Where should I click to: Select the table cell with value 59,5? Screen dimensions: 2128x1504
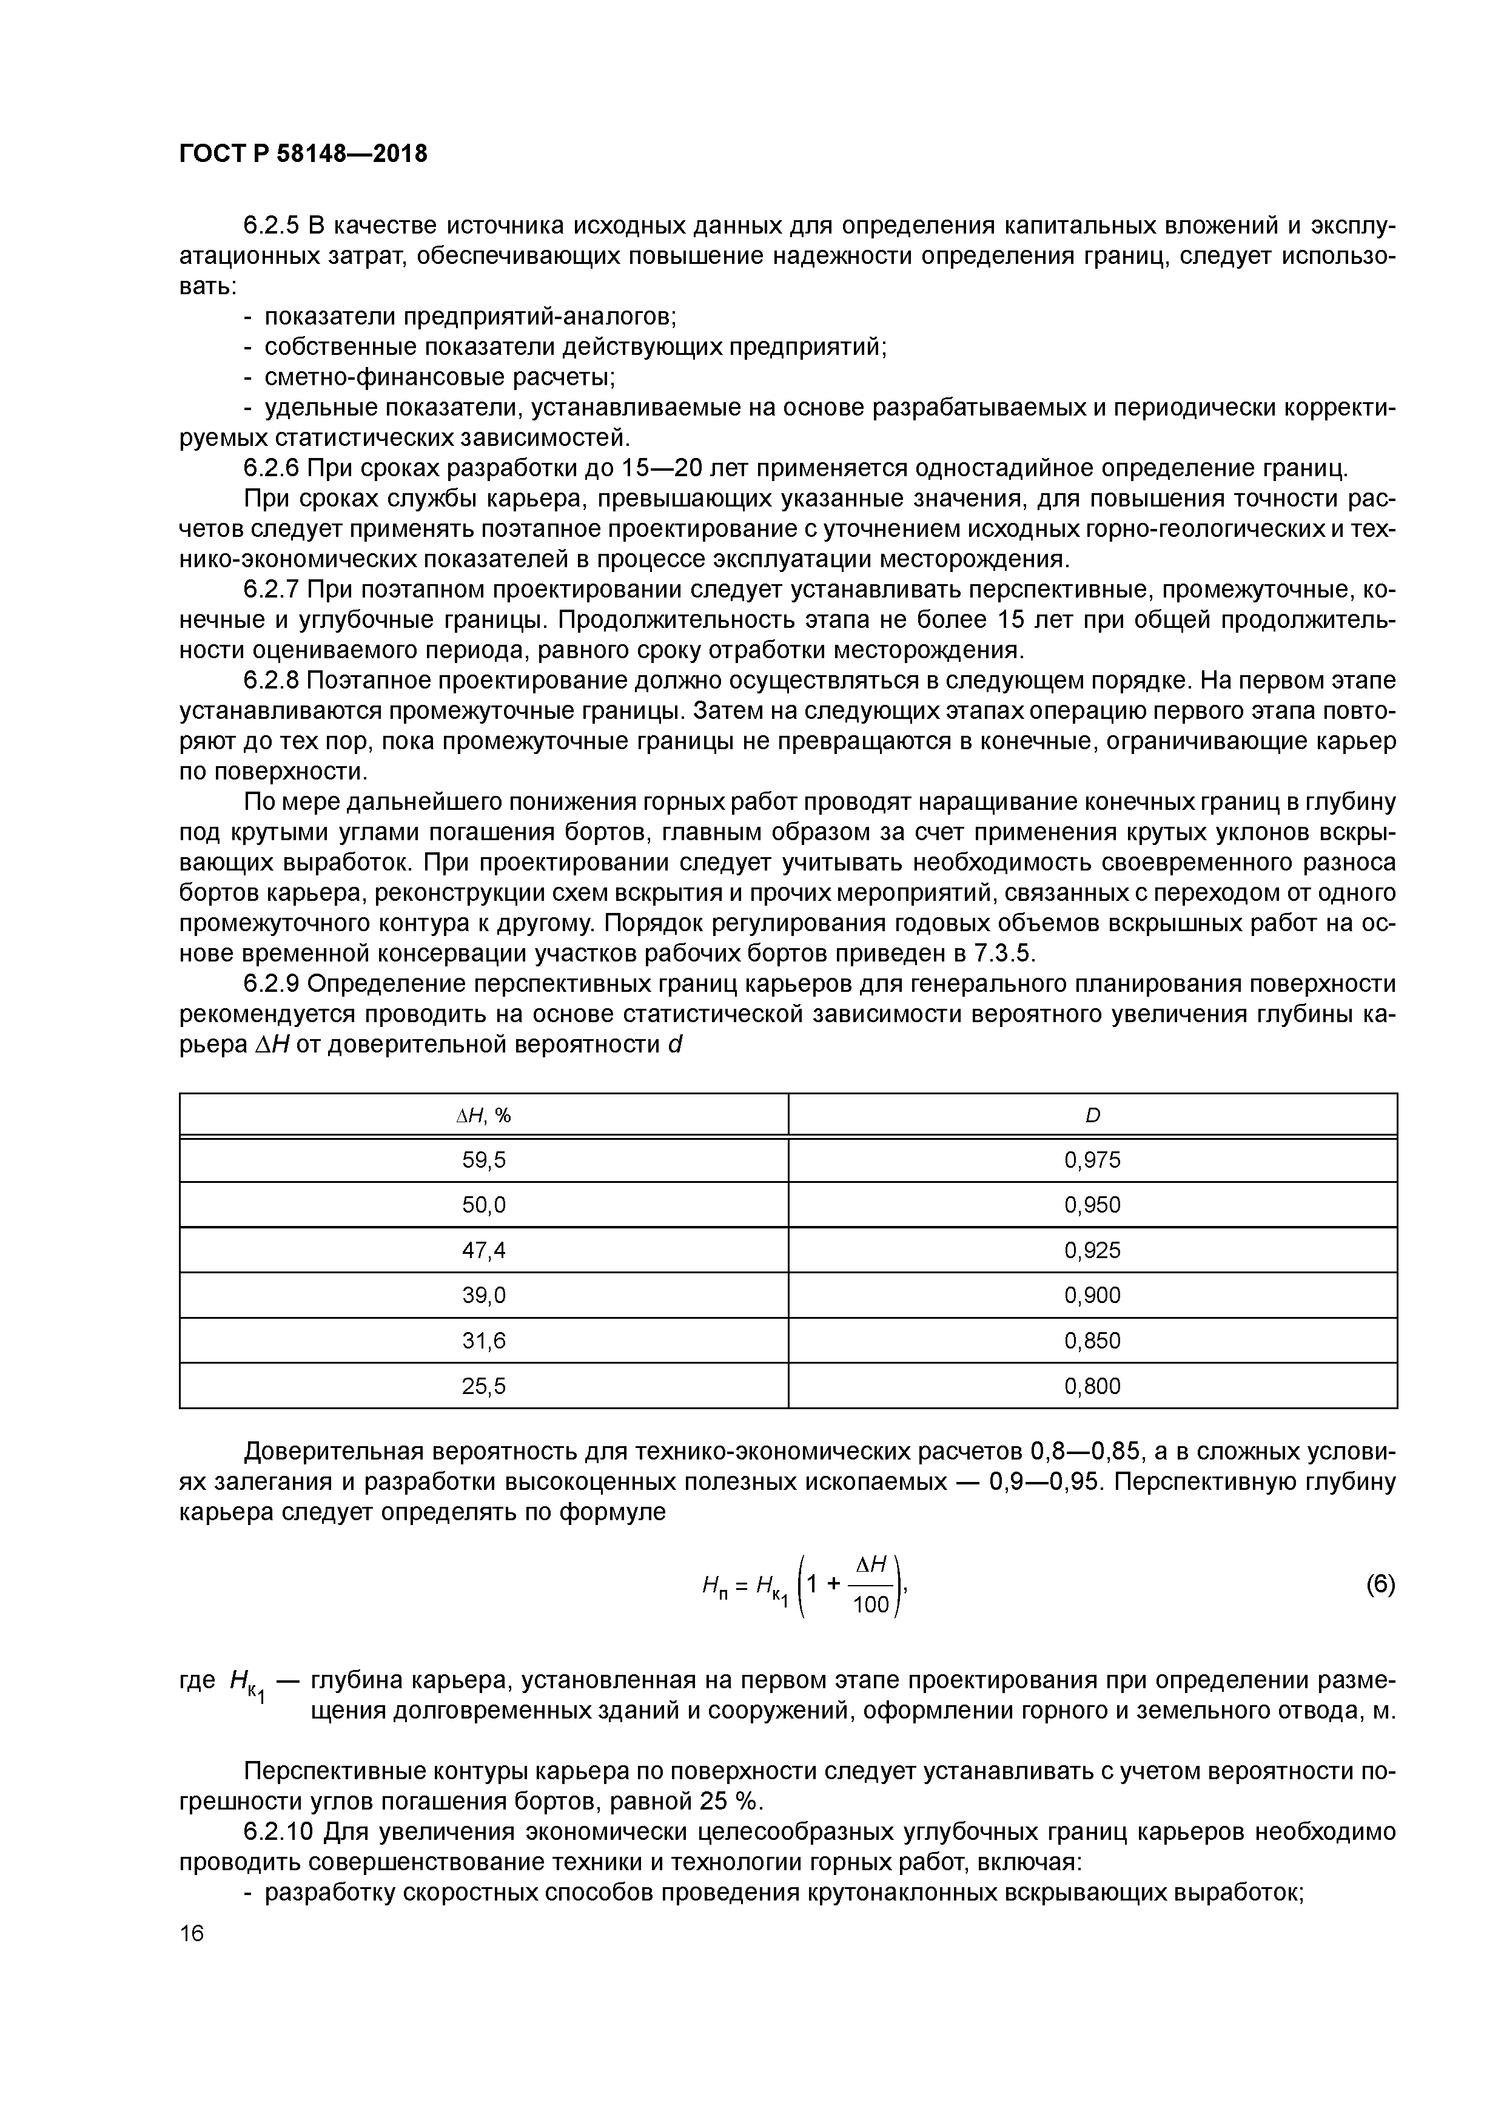coord(484,1159)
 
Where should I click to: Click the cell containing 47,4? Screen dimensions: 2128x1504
coord(484,1250)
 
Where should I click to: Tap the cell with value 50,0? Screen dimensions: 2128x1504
coord(484,1205)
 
